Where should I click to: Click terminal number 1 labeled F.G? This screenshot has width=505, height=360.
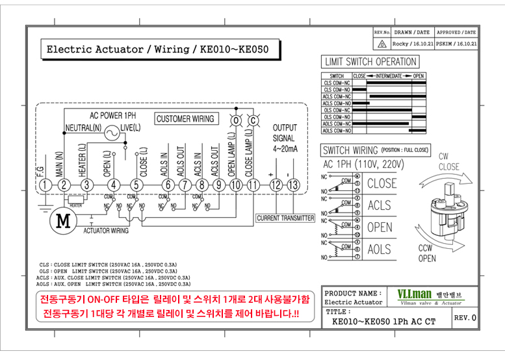pos(44,185)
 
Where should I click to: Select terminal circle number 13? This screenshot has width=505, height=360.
pos(293,185)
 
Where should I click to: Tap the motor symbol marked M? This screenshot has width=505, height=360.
pos(63,220)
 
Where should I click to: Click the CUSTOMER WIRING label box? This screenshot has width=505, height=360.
pos(185,119)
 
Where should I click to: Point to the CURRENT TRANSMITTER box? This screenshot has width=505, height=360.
pos(285,218)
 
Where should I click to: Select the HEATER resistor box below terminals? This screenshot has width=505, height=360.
pos(76,199)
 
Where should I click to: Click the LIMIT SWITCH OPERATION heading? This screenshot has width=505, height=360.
pos(370,62)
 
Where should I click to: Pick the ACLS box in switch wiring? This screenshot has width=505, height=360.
pos(380,205)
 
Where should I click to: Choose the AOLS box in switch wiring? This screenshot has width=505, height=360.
pos(380,250)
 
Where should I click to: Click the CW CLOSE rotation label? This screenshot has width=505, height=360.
pos(448,162)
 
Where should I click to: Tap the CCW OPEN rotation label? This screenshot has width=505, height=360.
pos(427,253)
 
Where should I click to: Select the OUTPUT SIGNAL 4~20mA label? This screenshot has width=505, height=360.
pos(284,138)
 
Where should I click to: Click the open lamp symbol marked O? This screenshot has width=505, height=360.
pos(236,120)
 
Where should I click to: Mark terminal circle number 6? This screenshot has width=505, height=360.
pos(168,185)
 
